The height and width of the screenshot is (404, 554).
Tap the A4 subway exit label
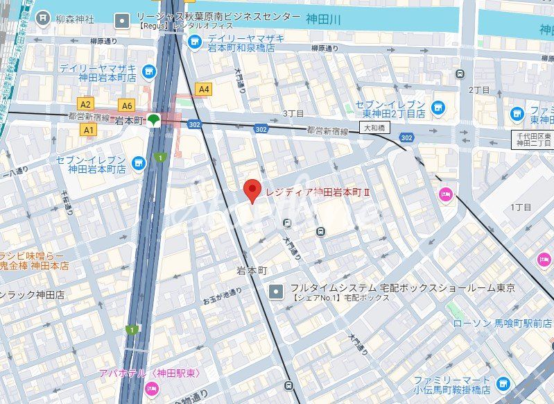(203, 89)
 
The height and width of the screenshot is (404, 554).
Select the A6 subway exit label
(125, 106)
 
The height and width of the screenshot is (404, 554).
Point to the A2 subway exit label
(86, 104)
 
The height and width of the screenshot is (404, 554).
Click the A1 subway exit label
(88, 130)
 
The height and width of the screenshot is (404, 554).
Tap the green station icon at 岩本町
(154, 121)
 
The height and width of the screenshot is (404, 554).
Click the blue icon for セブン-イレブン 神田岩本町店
(139, 163)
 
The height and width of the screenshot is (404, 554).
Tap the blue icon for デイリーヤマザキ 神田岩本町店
(148, 71)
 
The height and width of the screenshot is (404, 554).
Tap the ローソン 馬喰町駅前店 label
(494, 323)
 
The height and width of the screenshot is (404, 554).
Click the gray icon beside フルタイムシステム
(277, 290)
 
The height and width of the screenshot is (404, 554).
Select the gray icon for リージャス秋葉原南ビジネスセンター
(123, 21)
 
